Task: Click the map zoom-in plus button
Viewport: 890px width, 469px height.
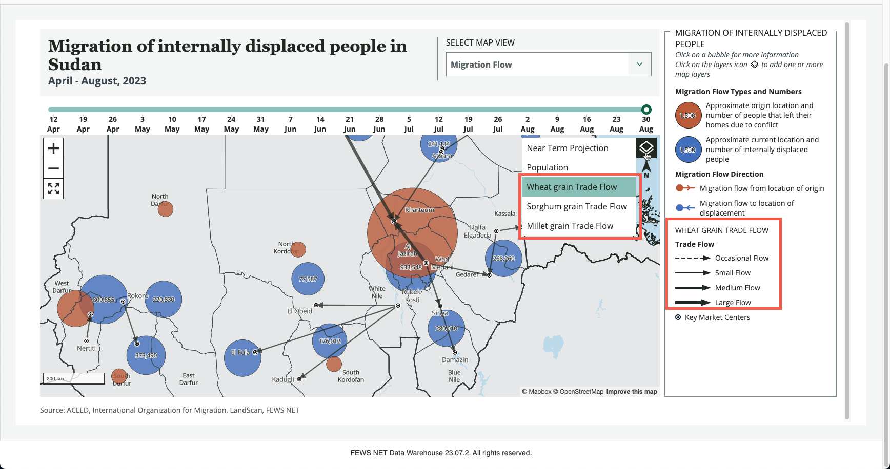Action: tap(53, 148)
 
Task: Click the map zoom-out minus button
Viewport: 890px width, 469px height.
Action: tap(53, 168)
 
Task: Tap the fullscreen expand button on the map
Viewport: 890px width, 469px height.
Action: tap(53, 188)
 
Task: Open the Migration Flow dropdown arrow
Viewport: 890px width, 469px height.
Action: tap(639, 65)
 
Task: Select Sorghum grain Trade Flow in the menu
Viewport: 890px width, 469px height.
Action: tap(577, 206)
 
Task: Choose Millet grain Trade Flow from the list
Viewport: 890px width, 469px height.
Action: tap(570, 226)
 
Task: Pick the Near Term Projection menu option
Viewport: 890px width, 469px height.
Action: tap(568, 148)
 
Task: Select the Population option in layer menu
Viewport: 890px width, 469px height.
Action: tap(547, 167)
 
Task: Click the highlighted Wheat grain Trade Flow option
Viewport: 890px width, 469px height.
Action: tap(572, 187)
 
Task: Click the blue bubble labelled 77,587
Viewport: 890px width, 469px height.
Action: tap(308, 279)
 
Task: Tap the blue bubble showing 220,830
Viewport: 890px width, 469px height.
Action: tap(164, 300)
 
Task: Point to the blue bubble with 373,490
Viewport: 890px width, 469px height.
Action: tap(146, 355)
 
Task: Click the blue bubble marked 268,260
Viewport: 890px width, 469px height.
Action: tap(503, 258)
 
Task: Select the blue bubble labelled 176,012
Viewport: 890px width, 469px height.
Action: tap(330, 341)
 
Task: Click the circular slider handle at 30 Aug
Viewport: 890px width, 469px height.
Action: tap(646, 109)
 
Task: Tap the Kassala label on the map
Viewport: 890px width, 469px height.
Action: tap(504, 214)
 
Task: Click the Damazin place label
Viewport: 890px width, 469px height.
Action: tap(455, 360)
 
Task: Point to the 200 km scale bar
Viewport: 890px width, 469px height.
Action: tap(74, 379)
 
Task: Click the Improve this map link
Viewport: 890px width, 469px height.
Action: tap(632, 392)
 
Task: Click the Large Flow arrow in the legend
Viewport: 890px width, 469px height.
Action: tap(693, 303)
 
